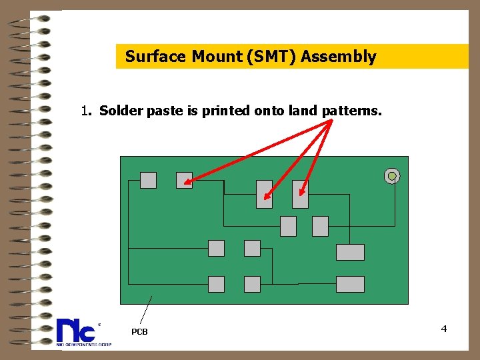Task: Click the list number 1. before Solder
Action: point(86,111)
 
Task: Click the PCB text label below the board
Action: point(139,331)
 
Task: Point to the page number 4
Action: point(444,329)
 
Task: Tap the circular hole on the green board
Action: point(392,176)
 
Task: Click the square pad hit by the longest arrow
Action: point(184,180)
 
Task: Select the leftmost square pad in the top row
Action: point(148,180)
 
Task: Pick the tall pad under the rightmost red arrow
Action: point(300,194)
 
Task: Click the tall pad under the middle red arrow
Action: point(264,194)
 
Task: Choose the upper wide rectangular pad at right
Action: point(350,252)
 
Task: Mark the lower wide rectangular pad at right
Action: point(350,284)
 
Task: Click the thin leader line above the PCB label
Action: point(146,310)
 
